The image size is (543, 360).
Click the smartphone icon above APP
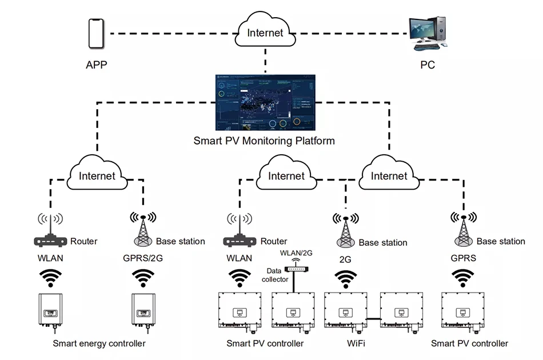[x=97, y=34]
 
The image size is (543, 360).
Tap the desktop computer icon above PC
[x=428, y=32]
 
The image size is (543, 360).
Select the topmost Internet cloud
[x=265, y=32]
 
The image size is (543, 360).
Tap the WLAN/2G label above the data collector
[x=296, y=253]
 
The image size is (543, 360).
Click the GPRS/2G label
[x=143, y=258]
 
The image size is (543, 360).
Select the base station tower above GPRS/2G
[x=143, y=230]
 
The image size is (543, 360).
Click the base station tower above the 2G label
[x=345, y=231]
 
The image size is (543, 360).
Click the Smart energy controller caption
[x=99, y=343]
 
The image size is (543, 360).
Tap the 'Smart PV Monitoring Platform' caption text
[x=264, y=140]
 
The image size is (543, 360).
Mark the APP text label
[x=97, y=65]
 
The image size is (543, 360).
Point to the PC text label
[x=428, y=65]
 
